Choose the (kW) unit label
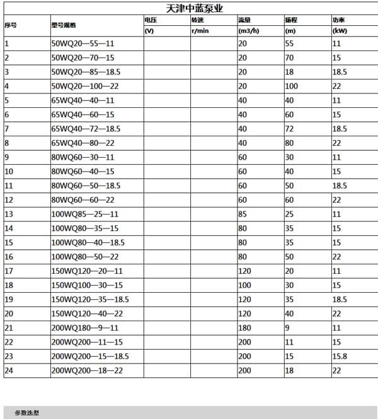tap(340, 30)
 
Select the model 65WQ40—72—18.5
tap(86, 129)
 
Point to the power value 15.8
tap(340, 356)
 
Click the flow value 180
tap(244, 328)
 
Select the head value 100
tap(292, 86)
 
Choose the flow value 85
tap(243, 214)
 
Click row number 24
tap(9, 370)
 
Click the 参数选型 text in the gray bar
tap(28, 413)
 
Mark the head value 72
tap(290, 129)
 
